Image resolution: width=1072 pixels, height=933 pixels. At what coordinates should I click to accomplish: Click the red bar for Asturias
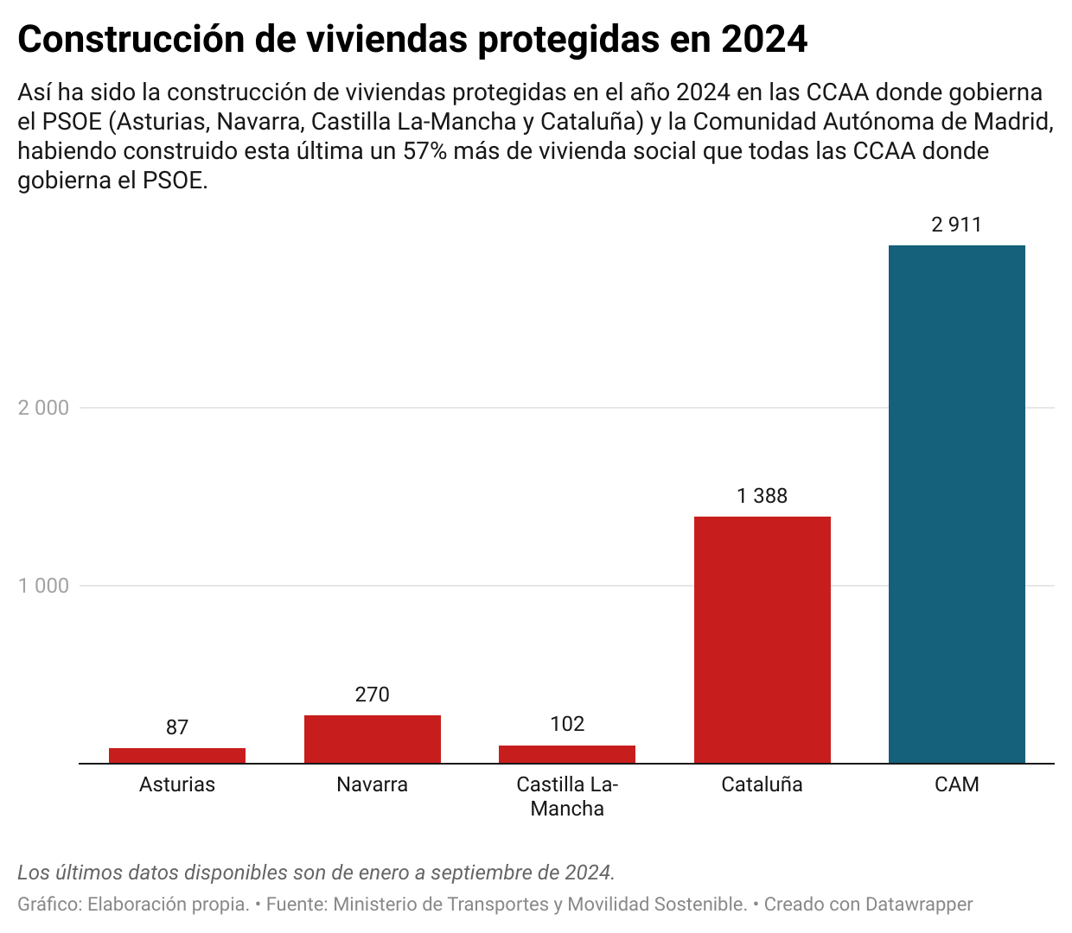(x=177, y=755)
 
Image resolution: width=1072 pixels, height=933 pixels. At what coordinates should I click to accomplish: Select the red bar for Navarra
(x=373, y=739)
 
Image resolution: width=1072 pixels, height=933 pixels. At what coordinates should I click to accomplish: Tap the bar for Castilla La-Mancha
(x=567, y=754)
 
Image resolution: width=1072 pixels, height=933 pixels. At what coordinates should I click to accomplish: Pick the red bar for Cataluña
(x=763, y=639)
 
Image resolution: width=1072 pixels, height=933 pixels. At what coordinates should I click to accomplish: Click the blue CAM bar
(x=957, y=504)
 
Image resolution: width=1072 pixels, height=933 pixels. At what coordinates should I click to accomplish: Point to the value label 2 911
(x=957, y=225)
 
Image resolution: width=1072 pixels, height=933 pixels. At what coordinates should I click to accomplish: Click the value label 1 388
(x=763, y=496)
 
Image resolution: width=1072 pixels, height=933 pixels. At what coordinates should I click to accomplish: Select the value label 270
(x=373, y=695)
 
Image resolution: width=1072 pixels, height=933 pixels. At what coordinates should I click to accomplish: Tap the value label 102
(x=567, y=724)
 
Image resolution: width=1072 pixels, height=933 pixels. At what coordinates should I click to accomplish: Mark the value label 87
(x=177, y=727)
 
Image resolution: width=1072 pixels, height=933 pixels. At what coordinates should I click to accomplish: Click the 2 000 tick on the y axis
(x=43, y=408)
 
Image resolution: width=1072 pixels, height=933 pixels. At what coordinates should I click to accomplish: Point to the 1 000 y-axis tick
(x=43, y=586)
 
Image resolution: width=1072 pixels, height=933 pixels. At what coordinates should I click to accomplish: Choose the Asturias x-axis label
(x=177, y=784)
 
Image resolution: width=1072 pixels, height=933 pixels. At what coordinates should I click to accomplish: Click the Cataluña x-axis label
(x=763, y=784)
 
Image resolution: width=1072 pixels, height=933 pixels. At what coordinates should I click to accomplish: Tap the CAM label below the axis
(x=957, y=784)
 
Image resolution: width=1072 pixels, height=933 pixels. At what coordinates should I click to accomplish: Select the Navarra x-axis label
(x=373, y=784)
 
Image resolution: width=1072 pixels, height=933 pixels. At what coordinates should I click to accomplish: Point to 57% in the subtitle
(x=424, y=151)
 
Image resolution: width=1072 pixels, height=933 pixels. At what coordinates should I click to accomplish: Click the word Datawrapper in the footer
(x=919, y=904)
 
